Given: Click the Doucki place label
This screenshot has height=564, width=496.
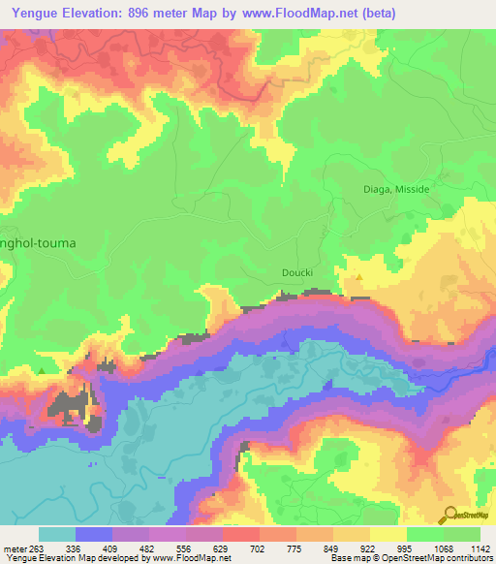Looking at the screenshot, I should [297, 273].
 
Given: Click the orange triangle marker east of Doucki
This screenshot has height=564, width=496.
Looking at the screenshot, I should [359, 278].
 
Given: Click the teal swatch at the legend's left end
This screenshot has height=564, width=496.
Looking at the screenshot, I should [57, 534].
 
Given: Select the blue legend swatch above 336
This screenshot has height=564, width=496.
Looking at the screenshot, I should [94, 534].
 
